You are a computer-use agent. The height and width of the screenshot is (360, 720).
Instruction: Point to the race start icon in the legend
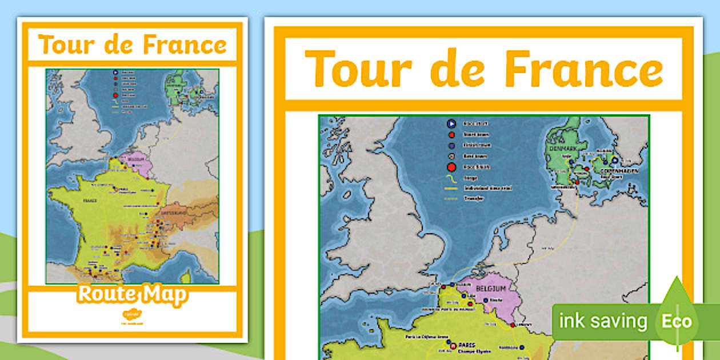click(450, 123)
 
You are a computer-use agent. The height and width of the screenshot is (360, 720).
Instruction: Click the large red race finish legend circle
click(450, 167)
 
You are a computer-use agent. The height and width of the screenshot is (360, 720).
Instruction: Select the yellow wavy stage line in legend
click(450, 178)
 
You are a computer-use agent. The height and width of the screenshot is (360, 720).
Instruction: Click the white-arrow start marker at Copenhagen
click(615, 161)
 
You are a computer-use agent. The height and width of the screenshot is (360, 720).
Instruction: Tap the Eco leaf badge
click(677, 320)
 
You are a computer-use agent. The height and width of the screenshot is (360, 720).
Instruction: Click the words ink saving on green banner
click(603, 321)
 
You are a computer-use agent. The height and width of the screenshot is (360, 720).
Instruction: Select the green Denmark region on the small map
click(175, 86)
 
